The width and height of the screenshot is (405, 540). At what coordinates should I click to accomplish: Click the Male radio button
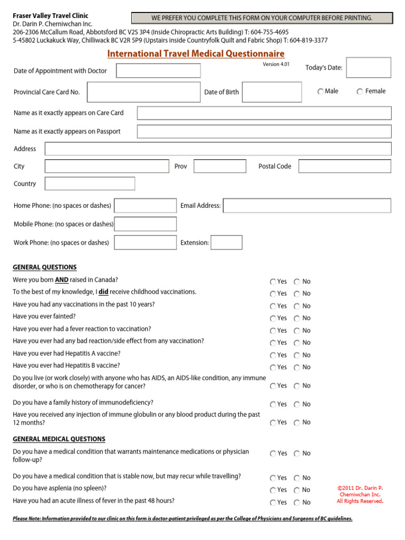(x=321, y=92)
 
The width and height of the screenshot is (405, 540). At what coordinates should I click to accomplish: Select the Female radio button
(x=360, y=92)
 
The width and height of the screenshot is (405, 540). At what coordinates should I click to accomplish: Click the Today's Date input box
(x=369, y=67)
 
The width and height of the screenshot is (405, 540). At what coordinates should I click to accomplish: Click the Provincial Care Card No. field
(x=144, y=92)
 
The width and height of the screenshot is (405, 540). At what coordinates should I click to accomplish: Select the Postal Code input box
(x=344, y=166)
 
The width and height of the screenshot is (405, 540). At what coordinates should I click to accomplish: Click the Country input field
(x=90, y=184)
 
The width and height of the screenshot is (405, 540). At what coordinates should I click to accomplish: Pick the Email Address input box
(x=307, y=206)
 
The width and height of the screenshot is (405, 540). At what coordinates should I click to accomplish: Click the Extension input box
(x=226, y=243)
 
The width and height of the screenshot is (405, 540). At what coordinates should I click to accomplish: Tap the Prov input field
(x=219, y=166)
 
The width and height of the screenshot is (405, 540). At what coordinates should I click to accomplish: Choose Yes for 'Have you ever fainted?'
(x=273, y=319)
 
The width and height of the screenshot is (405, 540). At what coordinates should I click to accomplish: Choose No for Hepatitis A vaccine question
(x=297, y=355)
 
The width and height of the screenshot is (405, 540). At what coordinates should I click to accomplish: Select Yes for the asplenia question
(x=273, y=490)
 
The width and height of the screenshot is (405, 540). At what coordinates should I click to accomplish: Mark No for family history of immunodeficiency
(x=297, y=404)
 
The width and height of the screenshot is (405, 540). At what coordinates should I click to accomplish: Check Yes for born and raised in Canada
(x=273, y=282)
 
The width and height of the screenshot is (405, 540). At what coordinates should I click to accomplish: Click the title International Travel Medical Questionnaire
(x=196, y=54)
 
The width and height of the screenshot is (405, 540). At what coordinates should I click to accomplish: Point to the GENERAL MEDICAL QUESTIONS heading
(x=59, y=439)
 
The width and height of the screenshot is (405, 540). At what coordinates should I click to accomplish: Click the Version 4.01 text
(x=276, y=64)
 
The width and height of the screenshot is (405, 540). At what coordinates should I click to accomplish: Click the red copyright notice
(x=360, y=495)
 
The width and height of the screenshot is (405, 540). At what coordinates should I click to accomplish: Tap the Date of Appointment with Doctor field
(x=158, y=71)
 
